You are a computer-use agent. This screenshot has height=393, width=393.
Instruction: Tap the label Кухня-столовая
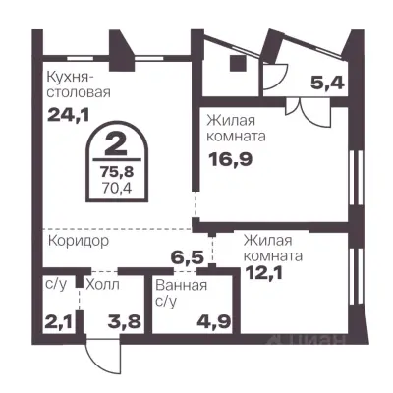tap(77, 84)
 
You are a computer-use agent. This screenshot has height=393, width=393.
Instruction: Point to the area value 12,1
tap(261, 272)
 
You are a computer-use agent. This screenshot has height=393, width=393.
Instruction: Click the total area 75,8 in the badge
tap(115, 168)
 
